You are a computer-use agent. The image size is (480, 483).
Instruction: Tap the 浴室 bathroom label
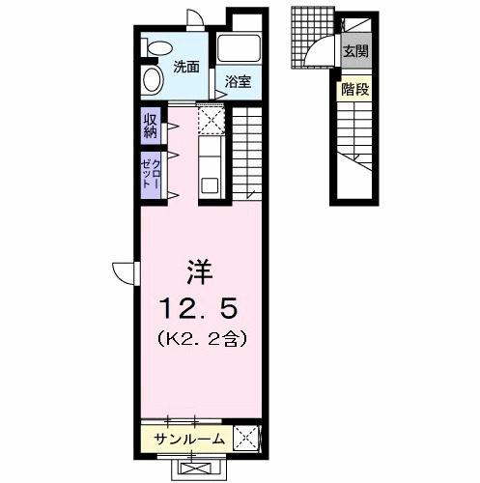pyautogui.click(x=239, y=82)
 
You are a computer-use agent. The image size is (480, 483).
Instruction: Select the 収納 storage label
pyautogui.click(x=152, y=126)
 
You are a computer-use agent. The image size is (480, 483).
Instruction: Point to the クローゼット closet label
pyautogui.click(x=151, y=175)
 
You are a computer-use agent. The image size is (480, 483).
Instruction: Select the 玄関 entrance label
pyautogui.click(x=354, y=50)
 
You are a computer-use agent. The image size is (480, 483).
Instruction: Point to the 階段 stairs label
pyautogui.click(x=353, y=91)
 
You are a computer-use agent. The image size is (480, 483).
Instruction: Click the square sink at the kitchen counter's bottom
pyautogui.click(x=210, y=184)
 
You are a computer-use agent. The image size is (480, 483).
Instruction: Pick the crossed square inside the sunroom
pyautogui.click(x=246, y=440)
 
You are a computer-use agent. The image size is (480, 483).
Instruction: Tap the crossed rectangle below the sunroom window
pyautogui.click(x=201, y=467)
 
